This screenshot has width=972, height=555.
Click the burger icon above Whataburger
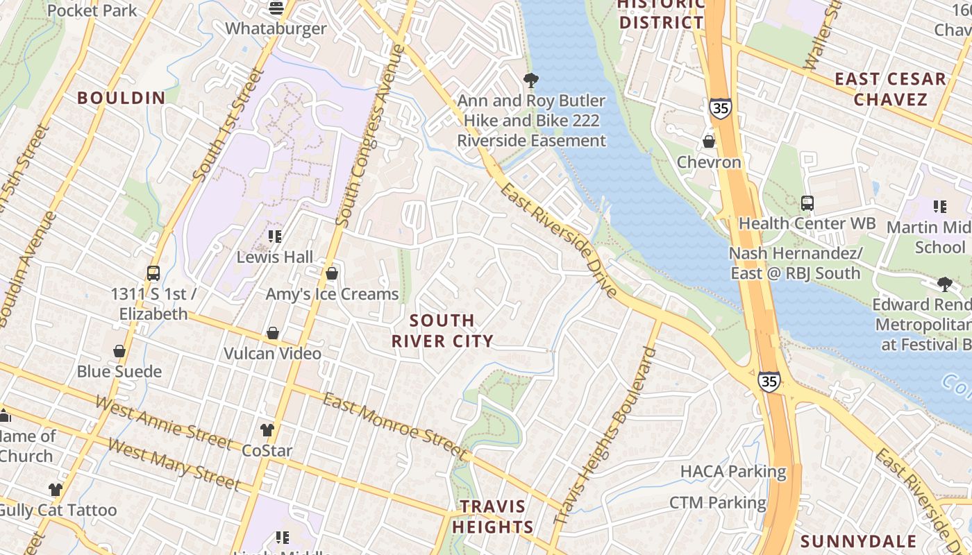(276, 8)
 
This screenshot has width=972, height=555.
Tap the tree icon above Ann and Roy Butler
(531, 80)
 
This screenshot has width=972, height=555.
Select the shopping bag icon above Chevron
(709, 142)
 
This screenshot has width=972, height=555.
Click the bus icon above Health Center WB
(807, 203)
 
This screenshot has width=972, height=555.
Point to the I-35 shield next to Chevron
(721, 108)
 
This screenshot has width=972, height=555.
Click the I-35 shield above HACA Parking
(769, 381)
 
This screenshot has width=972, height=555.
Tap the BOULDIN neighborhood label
(121, 98)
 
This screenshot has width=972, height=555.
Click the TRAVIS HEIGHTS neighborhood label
(492, 516)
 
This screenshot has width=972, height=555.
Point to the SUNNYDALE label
(868, 541)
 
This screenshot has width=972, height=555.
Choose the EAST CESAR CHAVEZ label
(890, 89)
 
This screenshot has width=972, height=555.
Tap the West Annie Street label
(163, 422)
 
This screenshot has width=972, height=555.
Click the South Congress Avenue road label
(370, 135)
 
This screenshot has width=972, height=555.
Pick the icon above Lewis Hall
(275, 237)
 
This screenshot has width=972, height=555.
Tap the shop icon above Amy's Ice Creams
(332, 273)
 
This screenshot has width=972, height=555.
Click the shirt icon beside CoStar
(267, 430)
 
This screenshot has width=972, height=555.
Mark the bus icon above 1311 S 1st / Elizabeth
(153, 273)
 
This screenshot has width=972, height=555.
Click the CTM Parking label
(717, 502)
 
